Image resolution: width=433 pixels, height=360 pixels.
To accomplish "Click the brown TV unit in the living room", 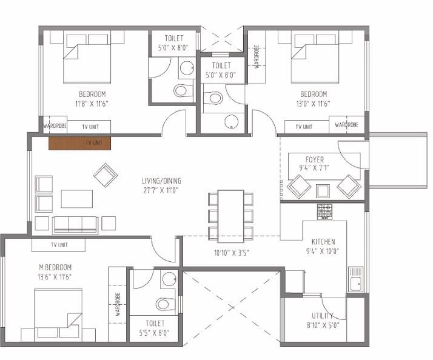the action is [80, 143].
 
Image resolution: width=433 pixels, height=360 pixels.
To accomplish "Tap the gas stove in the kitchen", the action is [324, 212].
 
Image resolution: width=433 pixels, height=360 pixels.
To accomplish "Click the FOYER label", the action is [315, 159].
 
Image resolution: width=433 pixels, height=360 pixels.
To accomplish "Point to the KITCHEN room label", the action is [323, 242].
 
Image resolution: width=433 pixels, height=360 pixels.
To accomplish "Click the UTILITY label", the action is [322, 316].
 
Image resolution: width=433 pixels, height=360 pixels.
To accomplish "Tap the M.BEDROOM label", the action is [55, 267].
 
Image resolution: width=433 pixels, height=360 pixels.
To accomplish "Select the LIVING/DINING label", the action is [161, 181].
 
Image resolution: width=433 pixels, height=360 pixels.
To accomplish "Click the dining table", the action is [230, 212].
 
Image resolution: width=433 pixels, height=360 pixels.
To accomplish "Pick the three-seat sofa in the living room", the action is [75, 224].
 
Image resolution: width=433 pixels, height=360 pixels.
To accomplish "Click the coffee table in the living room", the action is [77, 199].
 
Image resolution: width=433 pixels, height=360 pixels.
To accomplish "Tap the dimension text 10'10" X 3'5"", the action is [232, 253].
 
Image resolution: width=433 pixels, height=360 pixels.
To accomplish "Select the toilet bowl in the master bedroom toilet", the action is [166, 304].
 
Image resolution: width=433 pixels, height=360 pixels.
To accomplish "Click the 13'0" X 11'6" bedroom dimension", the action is [314, 104].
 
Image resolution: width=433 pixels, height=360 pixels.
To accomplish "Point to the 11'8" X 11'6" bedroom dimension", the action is [92, 104].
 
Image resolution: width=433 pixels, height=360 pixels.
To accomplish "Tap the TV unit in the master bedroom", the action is [58, 245].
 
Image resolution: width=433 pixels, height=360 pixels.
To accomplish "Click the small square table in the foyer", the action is [323, 191].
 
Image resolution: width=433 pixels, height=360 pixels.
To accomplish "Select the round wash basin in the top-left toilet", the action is [187, 68].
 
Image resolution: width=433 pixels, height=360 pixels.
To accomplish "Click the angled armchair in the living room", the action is [106, 175].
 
